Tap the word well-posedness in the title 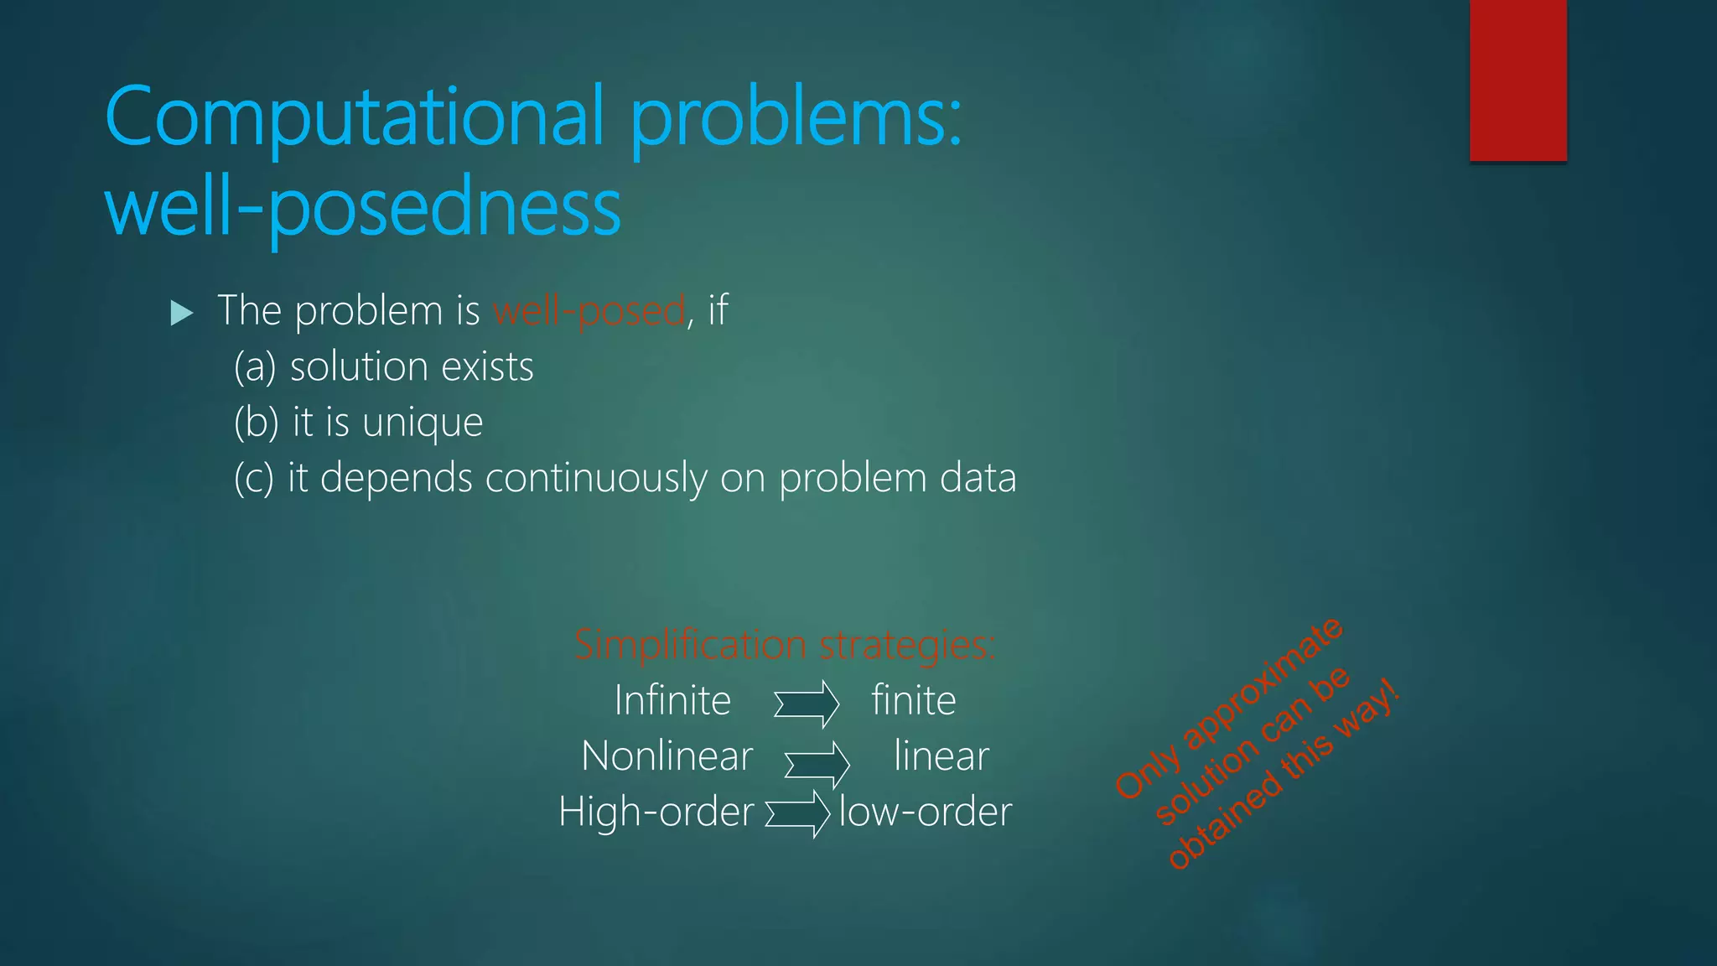coord(362,208)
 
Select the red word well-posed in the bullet coord(589,311)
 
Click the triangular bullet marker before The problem coord(182,314)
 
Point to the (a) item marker coord(255,367)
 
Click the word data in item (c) coord(978,478)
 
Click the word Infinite coord(672,701)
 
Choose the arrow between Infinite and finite coord(806,704)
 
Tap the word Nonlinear coord(667,756)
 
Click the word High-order coord(656,813)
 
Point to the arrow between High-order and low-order coord(797,813)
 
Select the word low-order coord(926,813)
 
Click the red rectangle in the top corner coord(1517,80)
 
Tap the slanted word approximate coord(1262,683)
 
